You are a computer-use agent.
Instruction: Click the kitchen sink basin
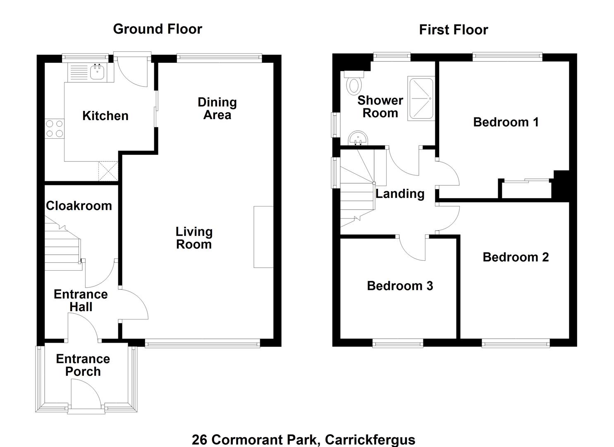[x=97, y=72]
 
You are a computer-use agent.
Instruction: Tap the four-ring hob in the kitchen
[x=55, y=128]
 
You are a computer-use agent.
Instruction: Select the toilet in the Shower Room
[x=354, y=83]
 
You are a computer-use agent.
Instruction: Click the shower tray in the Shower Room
[x=421, y=99]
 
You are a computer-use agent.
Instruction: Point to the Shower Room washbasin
[x=358, y=138]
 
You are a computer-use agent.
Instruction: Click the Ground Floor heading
[x=158, y=29]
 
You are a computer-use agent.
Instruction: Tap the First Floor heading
[x=454, y=30]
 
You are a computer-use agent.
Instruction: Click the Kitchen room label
[x=105, y=116]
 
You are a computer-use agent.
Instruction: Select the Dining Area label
[x=217, y=109]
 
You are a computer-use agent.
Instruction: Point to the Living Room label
[x=194, y=238]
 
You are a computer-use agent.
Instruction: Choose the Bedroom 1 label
[x=506, y=122]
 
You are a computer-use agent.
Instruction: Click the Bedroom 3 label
[x=400, y=286]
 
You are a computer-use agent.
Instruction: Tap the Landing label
[x=400, y=194]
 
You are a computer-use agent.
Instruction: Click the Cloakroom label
[x=79, y=206]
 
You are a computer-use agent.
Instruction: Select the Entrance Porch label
[x=83, y=365]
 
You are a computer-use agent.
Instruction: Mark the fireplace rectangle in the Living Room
[x=263, y=237]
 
